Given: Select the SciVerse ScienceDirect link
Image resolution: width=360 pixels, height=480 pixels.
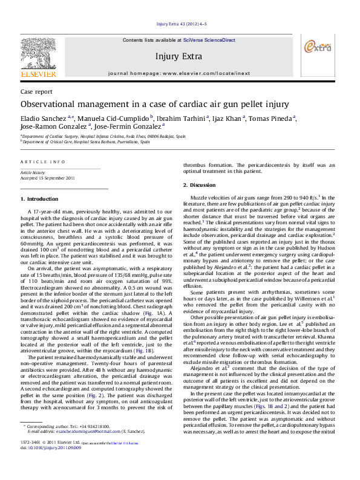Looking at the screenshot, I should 209,39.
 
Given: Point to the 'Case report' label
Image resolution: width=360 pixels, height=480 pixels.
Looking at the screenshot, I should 36,91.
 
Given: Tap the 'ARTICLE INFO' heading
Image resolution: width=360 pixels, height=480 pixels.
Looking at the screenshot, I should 43,162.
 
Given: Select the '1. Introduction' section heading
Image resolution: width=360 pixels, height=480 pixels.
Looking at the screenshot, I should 39,199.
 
